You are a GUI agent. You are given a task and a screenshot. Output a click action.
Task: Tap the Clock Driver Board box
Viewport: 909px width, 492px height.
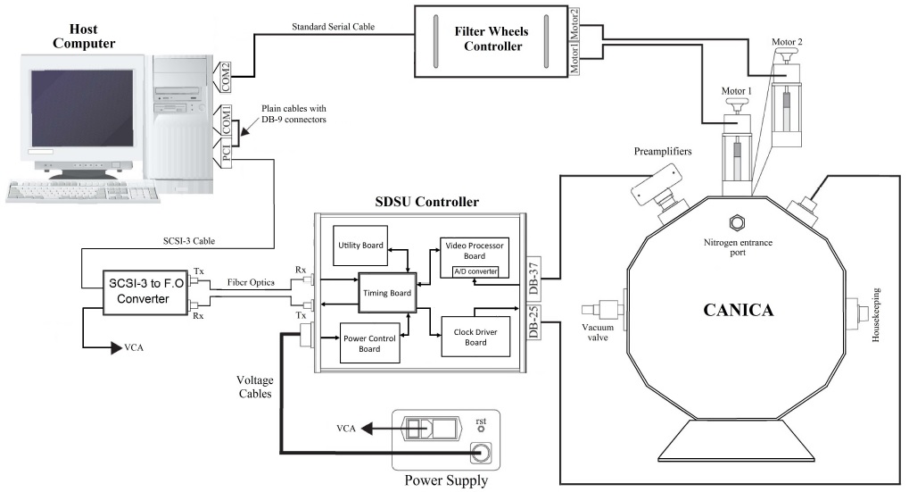461,337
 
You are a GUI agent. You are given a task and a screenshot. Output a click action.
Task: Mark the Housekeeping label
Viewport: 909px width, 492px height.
879,313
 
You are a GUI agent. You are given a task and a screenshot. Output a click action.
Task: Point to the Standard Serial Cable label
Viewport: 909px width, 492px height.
323,27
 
